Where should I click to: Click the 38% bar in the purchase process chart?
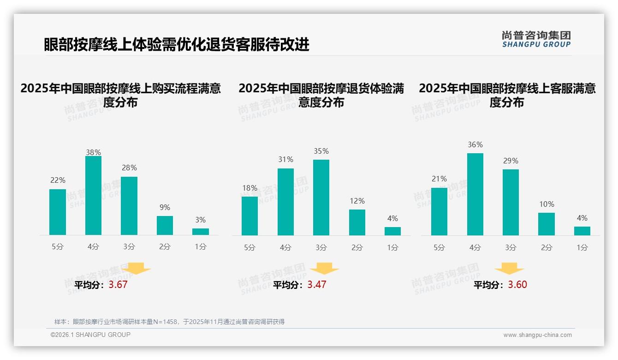93,196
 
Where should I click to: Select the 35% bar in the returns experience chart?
321,198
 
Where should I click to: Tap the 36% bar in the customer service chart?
475,194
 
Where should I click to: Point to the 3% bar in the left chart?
201,232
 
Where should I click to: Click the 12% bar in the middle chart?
357,222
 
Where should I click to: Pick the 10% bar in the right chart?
547,224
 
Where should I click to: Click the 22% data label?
58,180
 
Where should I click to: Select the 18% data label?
250,188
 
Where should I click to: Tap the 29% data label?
511,161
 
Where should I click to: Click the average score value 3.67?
118,285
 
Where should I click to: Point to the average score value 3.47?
317,285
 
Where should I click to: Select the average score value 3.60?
517,285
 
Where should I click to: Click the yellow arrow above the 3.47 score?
324,269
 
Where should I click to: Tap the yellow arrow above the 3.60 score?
509,269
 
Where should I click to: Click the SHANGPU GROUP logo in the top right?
536,39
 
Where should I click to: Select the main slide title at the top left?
177,45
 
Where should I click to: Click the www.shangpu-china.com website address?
537,335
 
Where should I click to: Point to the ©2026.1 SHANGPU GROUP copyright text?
90,335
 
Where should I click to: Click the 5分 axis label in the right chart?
439,247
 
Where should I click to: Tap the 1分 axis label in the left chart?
201,246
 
